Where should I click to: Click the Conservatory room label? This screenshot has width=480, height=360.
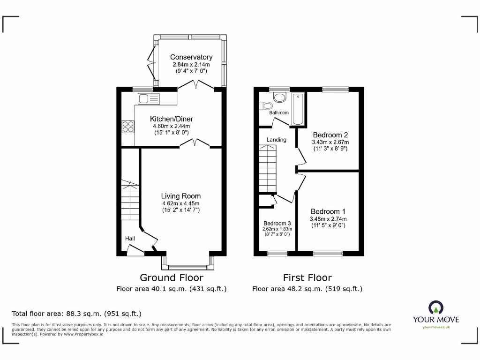tap(191, 57)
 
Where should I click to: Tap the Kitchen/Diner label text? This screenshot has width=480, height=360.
tap(171, 119)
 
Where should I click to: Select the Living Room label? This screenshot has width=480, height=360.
tap(181, 196)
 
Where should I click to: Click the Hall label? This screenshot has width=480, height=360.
tap(130, 239)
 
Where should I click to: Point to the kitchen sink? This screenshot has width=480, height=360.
tap(149, 98)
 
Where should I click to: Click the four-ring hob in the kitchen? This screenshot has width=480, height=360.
tap(128, 127)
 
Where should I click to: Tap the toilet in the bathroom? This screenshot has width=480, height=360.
tap(280, 97)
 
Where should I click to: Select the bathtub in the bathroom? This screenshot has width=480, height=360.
tap(298, 109)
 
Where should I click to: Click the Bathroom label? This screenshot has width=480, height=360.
tap(279, 112)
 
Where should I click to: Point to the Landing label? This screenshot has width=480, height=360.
tap(276, 140)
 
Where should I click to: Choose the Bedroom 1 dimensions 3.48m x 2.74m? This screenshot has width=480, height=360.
tap(328, 219)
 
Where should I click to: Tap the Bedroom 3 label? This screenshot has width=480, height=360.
tap(277, 223)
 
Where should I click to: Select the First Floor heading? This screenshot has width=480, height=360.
tap(307, 277)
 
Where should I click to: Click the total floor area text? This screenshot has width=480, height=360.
tap(76, 314)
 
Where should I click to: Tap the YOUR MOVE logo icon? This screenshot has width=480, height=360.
tap(435, 308)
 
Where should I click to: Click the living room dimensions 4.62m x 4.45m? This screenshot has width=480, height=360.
tap(181, 203)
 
